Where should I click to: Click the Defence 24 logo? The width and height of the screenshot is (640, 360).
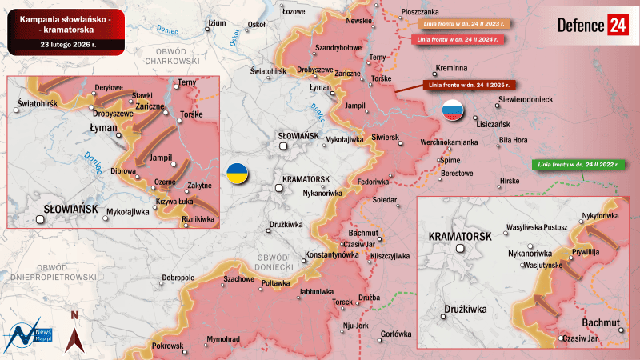[593, 25]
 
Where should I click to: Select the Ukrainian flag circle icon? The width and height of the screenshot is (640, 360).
[237, 174]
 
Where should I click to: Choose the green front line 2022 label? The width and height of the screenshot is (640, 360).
[576, 164]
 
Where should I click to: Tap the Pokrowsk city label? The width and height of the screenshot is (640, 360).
[167, 346]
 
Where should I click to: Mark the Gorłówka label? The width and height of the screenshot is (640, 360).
[396, 334]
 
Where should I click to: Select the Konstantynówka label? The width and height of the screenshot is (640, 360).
[331, 254]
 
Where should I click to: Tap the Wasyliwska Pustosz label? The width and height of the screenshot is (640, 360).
[537, 227]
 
